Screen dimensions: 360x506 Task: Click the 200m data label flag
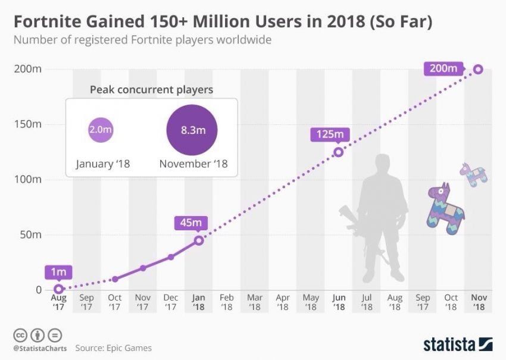tap(444, 68)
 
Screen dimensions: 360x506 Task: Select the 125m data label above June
tap(327, 134)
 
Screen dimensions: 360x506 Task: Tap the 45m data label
tap(190, 223)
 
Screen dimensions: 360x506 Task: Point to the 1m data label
tap(58, 272)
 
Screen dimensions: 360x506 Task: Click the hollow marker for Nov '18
tap(477, 70)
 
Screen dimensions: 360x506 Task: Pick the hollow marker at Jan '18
tap(199, 240)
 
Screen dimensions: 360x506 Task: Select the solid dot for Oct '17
tap(115, 279)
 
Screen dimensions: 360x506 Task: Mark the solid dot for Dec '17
tap(171, 257)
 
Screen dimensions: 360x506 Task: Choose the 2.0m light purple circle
tap(100, 130)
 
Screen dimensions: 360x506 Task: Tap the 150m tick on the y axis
tap(27, 124)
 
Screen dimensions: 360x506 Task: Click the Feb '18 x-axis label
tap(227, 302)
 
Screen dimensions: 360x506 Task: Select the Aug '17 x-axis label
tap(58, 302)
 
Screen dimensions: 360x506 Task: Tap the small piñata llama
tap(473, 173)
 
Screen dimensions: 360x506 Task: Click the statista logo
tap(457, 344)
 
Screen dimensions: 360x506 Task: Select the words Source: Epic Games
tap(113, 348)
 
